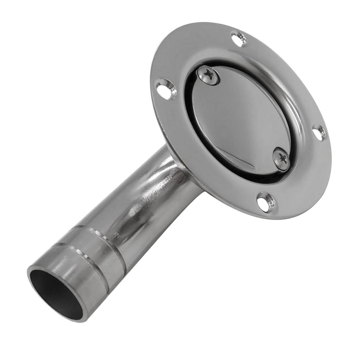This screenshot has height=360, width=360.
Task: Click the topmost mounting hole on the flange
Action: coord(239,39)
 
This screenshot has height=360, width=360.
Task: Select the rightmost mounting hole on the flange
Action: coord(319,133)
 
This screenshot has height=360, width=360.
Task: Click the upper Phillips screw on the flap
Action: coord(208,75)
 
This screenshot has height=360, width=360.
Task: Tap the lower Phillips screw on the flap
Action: coord(281,159)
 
